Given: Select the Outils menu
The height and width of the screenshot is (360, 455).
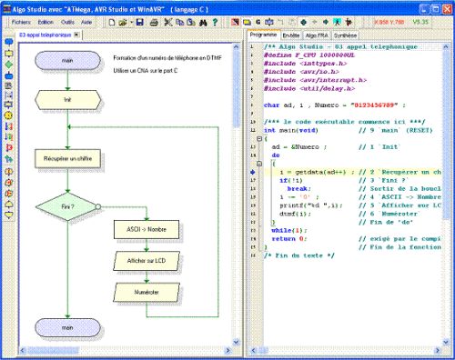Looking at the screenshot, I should point(68,20).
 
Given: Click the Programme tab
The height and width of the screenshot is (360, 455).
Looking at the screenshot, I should point(263,34).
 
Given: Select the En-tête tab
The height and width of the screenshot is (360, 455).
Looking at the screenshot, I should point(292,34).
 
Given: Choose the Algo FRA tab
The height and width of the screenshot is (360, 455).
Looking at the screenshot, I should point(319,34).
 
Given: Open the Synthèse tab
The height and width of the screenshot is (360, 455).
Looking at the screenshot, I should point(347,34).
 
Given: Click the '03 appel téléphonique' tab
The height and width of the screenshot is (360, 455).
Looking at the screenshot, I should point(45,35).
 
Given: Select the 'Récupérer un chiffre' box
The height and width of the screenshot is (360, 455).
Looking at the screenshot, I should point(67,158).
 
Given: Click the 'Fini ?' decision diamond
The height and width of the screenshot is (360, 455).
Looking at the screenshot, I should point(67,206).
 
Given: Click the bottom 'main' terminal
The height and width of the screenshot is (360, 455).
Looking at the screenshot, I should point(67,324).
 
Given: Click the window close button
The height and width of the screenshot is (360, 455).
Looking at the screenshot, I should point(445,6).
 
